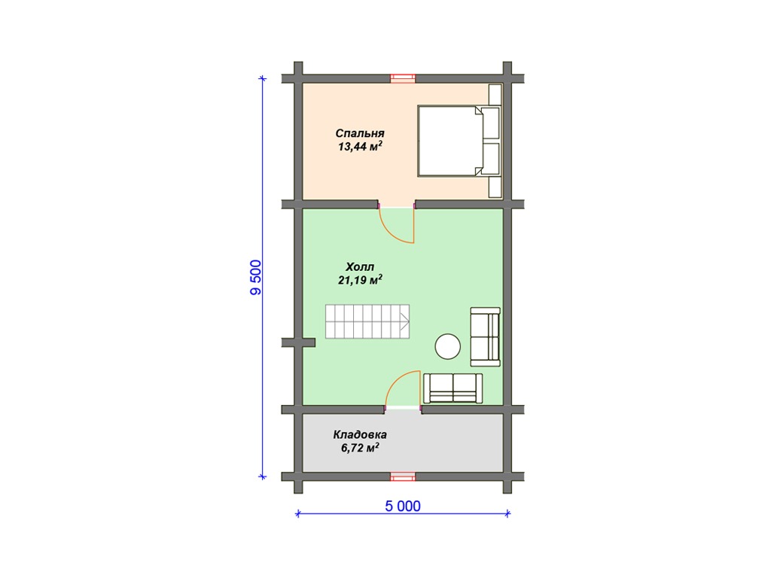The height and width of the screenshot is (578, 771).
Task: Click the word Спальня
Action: click(x=360, y=134)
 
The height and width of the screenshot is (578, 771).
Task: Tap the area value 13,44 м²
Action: click(x=361, y=147)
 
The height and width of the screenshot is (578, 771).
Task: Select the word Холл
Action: click(x=360, y=267)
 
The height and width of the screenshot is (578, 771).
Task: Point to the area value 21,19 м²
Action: click(x=361, y=280)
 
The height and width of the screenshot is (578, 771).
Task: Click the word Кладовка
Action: click(x=360, y=434)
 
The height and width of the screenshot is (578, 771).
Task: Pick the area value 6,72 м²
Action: click(x=360, y=448)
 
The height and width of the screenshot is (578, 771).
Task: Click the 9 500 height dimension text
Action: click(x=256, y=277)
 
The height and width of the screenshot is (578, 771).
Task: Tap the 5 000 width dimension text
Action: click(x=403, y=507)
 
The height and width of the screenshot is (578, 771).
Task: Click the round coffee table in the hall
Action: click(x=448, y=346)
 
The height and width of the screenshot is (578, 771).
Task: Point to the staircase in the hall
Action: click(x=367, y=321)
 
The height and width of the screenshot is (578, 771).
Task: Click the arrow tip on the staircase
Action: click(x=409, y=321)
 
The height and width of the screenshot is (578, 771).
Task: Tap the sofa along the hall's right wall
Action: click(x=486, y=337)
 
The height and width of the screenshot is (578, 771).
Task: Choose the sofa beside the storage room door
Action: click(x=453, y=388)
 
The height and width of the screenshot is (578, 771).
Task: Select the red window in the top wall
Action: click(x=403, y=78)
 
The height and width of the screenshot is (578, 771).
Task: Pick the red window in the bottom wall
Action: click(x=403, y=476)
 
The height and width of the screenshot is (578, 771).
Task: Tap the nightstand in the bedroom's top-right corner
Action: click(x=495, y=94)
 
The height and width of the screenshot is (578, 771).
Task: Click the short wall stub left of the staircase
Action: click(x=298, y=342)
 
